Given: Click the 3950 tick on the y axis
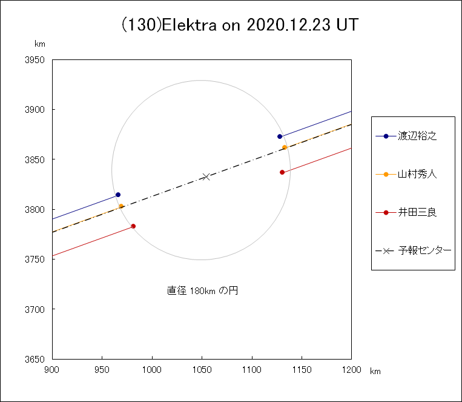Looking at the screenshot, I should click(x=36, y=60).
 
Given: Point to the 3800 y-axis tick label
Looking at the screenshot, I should click(x=36, y=210).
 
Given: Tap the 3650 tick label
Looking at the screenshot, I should click(x=36, y=360).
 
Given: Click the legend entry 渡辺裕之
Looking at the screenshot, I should click(x=417, y=136).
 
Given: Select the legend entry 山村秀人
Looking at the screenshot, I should click(x=417, y=175).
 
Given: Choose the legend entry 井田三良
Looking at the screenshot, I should click(x=417, y=213).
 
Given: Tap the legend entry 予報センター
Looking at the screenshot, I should click(x=424, y=250).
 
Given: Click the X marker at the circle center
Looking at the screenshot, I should click(x=206, y=176).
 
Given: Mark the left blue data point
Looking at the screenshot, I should click(x=118, y=195).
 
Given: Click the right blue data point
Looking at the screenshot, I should click(x=280, y=136).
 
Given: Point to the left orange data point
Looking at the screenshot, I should click(x=121, y=206).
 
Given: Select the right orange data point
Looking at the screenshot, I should click(x=285, y=147).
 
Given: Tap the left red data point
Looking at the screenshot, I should click(x=133, y=226).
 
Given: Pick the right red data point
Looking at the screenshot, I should click(x=282, y=172).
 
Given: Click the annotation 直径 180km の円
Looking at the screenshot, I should click(x=202, y=291).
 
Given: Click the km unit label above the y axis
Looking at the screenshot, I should click(x=40, y=44).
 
